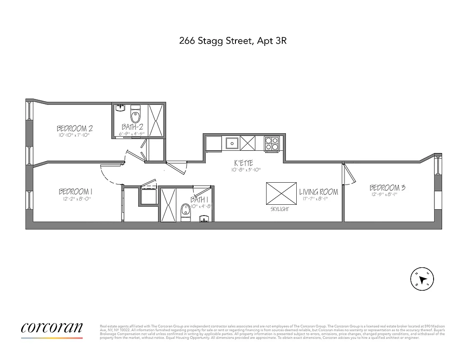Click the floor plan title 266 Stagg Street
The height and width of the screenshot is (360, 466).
233,41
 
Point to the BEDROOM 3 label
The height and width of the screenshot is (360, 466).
387,188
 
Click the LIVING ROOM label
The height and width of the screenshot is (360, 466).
319,192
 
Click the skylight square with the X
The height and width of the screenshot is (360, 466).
281,194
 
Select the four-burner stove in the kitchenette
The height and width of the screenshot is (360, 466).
271,143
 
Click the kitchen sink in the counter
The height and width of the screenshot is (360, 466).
232,144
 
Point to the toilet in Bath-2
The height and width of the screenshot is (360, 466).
135,112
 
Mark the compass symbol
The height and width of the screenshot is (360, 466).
422,279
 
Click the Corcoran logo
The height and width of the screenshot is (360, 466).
52,328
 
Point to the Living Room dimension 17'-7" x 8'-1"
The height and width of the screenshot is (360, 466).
319,199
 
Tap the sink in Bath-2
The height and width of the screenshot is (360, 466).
120,108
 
